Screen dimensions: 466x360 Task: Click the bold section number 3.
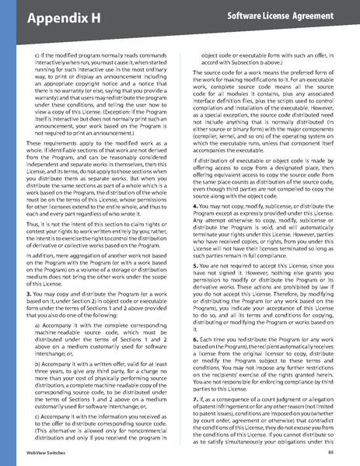tap(29, 296)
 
